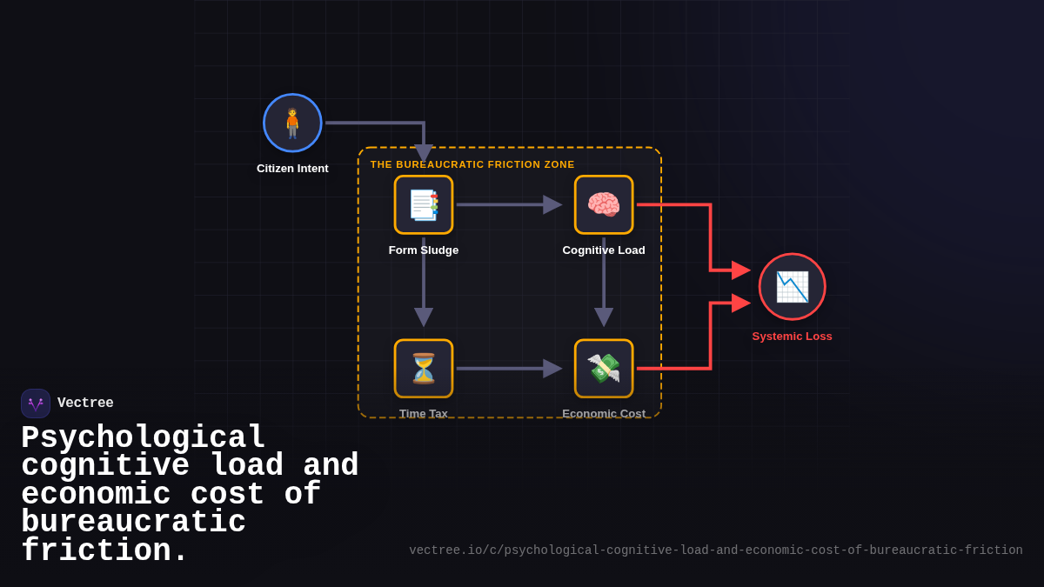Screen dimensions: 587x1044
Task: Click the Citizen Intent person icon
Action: click(292, 123)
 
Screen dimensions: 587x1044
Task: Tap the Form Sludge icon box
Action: click(424, 204)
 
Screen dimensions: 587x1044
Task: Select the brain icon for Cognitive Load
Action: click(604, 204)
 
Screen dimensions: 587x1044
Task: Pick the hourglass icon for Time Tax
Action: click(424, 369)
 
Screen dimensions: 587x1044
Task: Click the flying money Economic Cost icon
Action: click(604, 369)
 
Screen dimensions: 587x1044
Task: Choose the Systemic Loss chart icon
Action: click(792, 287)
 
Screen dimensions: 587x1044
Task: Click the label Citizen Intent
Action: click(292, 169)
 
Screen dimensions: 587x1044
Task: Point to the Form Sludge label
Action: click(424, 250)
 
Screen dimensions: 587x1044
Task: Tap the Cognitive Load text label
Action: click(604, 250)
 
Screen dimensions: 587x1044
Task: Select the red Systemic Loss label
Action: click(792, 337)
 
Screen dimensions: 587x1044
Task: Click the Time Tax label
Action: click(424, 413)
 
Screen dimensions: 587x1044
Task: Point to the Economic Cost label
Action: click(604, 413)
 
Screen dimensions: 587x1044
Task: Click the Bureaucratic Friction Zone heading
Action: click(472, 164)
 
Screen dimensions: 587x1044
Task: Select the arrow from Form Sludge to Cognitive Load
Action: click(509, 204)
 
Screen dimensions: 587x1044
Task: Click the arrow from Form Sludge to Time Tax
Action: click(424, 283)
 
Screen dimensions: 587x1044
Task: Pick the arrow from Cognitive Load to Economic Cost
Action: click(604, 283)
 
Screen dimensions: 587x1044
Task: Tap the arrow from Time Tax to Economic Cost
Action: click(509, 369)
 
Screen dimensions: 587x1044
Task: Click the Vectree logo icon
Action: click(36, 404)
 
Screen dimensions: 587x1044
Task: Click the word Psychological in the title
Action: click(144, 437)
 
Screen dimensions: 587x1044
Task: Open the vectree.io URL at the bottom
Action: click(716, 550)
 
